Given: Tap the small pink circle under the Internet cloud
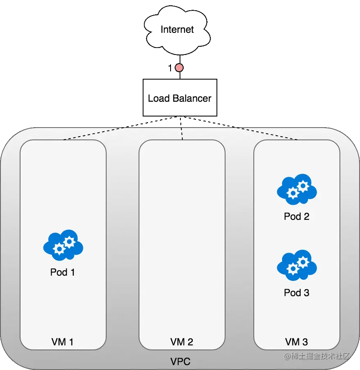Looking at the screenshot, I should tap(179, 68).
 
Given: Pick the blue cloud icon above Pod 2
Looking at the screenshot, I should tap(297, 190).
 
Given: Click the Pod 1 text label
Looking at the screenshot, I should tap(63, 272).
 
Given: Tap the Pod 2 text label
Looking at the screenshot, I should tap(296, 217).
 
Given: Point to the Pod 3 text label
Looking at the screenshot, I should tap(296, 293).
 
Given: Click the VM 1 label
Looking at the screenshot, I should tap(63, 342).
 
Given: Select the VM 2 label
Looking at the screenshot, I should tap(182, 342).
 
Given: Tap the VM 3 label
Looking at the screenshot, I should tap(296, 342).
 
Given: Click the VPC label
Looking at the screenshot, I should tap(180, 362).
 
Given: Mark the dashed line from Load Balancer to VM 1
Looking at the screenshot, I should tap(96, 133).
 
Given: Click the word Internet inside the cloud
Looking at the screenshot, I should tap(177, 30).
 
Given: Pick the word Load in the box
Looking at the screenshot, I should tap(157, 98).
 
